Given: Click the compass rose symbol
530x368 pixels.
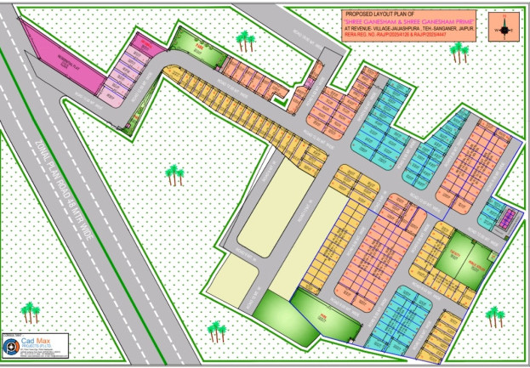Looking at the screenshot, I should point(504,28).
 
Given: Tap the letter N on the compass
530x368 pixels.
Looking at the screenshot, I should point(504,17).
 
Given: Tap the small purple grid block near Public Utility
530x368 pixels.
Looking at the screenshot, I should point(508,219).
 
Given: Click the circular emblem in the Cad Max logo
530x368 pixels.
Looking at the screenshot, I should point(12,347).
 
